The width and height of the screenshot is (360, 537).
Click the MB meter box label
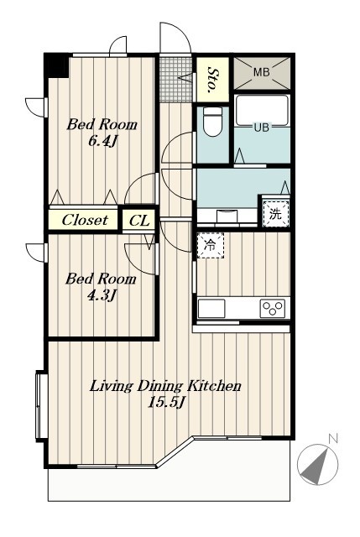coord(261,72)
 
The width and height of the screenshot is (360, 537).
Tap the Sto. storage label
coord(212,81)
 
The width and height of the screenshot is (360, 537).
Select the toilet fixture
coord(212,122)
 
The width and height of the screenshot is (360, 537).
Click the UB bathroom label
coord(261,128)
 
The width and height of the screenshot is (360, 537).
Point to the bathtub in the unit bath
coord(262,111)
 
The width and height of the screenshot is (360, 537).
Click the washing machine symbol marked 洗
coord(276,214)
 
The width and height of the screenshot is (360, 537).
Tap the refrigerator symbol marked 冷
coord(210,245)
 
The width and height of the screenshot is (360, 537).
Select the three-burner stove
coord(273,308)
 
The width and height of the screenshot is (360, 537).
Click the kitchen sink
coord(211,308)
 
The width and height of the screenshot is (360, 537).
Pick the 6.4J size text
coord(102,141)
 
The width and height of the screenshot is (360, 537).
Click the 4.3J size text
coord(101,295)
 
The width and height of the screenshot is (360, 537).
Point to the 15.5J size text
coord(166,403)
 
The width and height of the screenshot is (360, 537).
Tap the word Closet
coord(85,220)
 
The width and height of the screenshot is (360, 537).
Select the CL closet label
coord(139,221)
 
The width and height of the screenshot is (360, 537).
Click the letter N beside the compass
coord(332,439)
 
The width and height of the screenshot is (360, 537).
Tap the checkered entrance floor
coord(175,79)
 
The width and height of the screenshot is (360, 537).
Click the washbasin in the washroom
coord(227,216)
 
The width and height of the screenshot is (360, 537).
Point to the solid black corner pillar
coord(58,65)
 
